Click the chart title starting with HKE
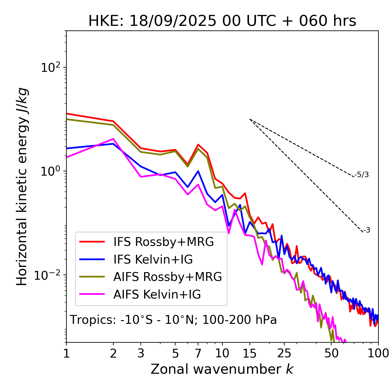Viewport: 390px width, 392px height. point(222,21)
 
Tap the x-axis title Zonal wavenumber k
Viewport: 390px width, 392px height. point(222,369)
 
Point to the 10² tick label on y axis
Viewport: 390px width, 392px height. point(50,68)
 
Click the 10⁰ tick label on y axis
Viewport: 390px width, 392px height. point(50,171)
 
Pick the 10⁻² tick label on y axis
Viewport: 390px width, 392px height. point(49,275)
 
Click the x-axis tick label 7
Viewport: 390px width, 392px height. point(198,353)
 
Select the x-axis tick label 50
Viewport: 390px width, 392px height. point(331,353)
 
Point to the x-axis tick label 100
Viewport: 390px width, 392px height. point(378,353)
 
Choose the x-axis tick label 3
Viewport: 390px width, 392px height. point(141,353)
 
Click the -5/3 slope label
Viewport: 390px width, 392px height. point(362,175)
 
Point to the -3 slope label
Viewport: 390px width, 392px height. point(367,230)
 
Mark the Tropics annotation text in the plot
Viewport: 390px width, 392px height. point(173,320)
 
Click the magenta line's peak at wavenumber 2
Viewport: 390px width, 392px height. point(113,139)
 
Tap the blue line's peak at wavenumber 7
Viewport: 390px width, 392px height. point(198,171)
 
